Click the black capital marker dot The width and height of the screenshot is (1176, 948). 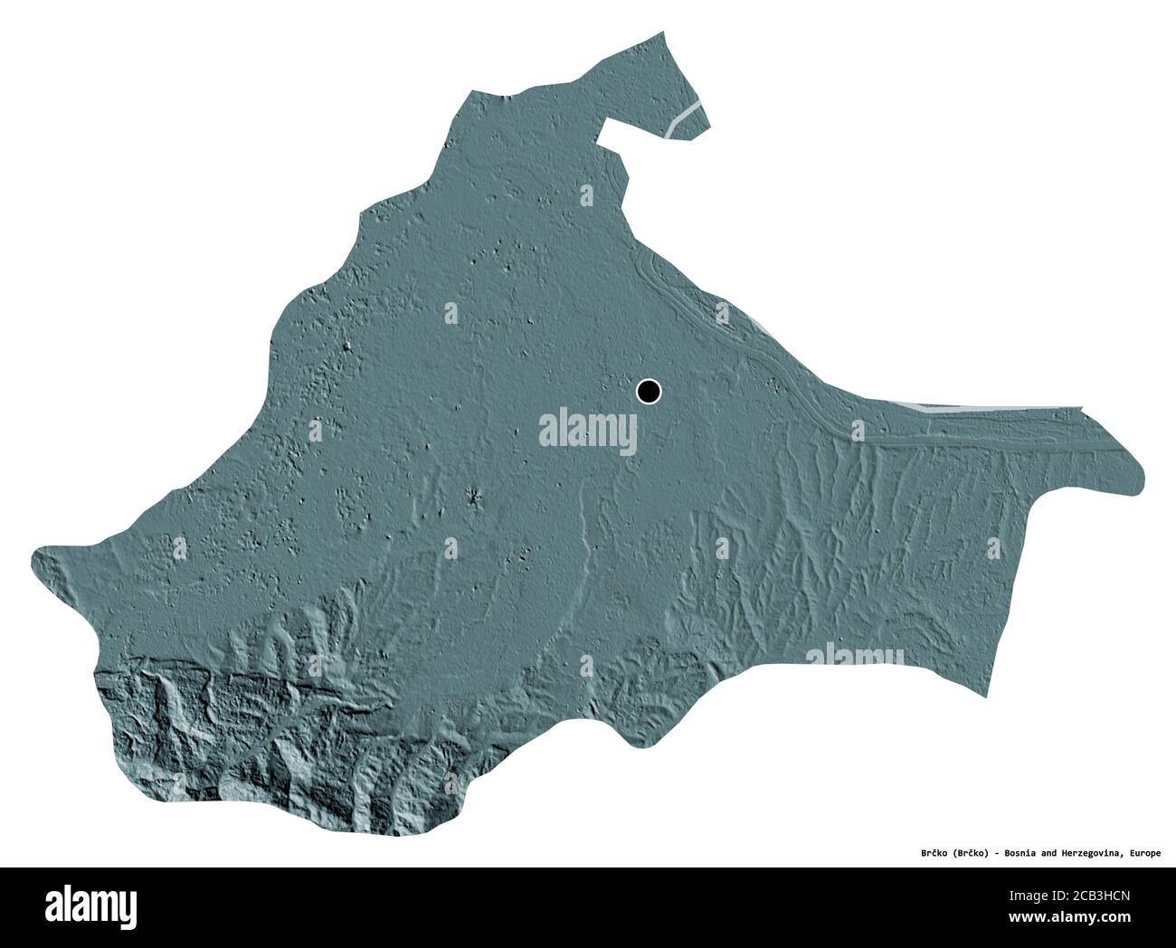(x=649, y=392)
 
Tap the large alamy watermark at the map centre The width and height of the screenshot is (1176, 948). (x=588, y=429)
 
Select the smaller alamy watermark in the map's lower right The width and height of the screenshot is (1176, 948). (x=854, y=658)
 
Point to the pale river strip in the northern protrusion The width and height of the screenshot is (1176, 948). (x=686, y=118)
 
